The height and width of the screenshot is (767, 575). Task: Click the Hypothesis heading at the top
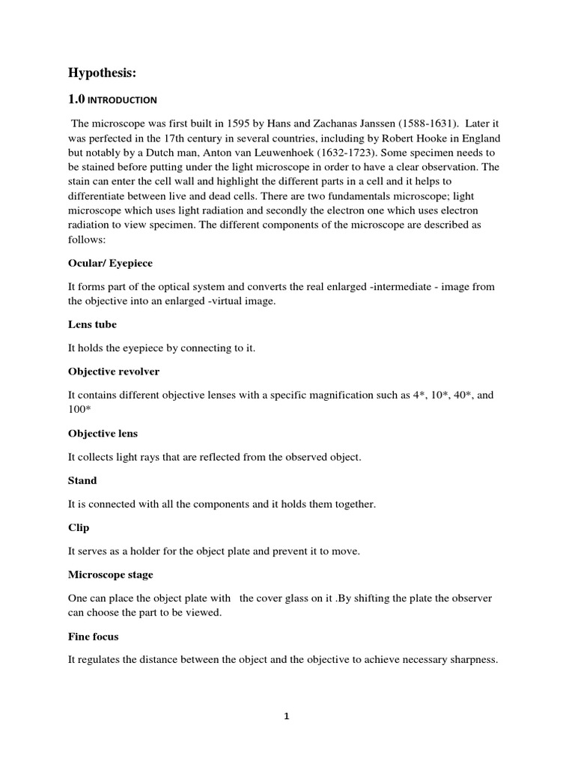click(103, 72)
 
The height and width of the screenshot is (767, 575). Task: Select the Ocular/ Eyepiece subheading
click(110, 264)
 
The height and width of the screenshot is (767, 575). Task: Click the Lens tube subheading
click(92, 325)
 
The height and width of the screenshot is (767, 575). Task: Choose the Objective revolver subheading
click(114, 372)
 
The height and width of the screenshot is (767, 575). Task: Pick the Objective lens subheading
click(103, 433)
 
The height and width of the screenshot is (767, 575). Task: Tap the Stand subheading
click(82, 480)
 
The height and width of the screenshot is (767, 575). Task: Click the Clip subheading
click(79, 527)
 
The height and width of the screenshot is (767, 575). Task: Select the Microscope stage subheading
click(110, 575)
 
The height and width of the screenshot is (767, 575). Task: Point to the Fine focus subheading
click(94, 636)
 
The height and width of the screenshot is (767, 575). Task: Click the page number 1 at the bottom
click(286, 716)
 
